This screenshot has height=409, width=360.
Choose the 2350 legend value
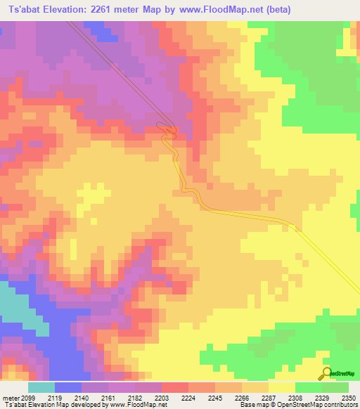pos(349,398)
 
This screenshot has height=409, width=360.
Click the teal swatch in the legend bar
pos(41,387)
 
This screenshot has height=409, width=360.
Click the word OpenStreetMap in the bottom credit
pos(316,405)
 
